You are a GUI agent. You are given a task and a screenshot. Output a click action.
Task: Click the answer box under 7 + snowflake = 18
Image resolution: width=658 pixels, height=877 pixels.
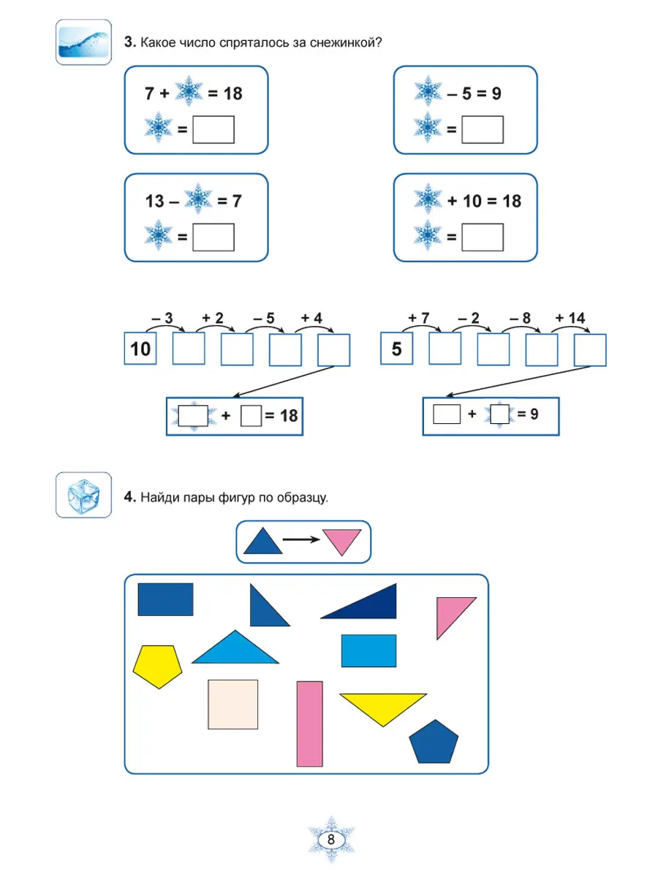(x=213, y=129)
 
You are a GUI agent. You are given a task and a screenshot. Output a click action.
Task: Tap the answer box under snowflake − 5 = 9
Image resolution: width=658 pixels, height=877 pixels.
(x=483, y=129)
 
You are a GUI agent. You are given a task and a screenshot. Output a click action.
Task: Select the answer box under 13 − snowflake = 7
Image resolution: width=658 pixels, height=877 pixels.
(x=213, y=237)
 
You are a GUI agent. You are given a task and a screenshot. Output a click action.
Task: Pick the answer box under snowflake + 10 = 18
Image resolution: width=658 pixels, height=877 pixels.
(x=483, y=237)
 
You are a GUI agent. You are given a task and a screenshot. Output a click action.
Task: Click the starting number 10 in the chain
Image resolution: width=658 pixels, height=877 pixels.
(x=140, y=349)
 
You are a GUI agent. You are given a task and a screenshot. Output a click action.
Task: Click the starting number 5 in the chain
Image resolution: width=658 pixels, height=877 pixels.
(x=397, y=349)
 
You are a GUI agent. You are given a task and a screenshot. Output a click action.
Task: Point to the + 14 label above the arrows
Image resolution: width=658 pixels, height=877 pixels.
(x=570, y=319)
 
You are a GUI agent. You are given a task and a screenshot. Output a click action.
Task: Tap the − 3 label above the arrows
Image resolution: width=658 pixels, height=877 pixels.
(x=162, y=319)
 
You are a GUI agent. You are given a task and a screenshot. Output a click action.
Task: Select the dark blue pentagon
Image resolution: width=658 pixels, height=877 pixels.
(x=434, y=743)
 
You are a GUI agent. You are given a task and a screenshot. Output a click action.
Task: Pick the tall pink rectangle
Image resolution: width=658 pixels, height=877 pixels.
(x=310, y=724)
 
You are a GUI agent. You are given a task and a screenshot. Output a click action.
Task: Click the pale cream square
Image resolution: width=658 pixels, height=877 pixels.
(x=232, y=704)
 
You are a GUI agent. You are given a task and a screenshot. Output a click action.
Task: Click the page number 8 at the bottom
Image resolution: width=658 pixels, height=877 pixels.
(x=331, y=840)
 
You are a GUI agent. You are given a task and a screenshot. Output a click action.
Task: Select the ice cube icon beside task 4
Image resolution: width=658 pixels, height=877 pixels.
(x=83, y=495)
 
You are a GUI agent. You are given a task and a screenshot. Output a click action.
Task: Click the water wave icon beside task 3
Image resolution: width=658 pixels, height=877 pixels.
(x=83, y=42)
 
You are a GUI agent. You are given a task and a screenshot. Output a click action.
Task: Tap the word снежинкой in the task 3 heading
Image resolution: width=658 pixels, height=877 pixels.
(x=344, y=42)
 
